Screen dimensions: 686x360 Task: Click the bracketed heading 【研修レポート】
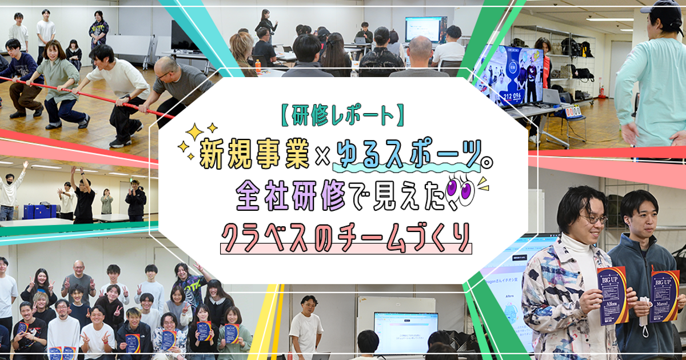(342, 115)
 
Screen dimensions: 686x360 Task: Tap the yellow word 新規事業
(254, 154)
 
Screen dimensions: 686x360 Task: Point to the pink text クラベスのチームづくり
(346, 238)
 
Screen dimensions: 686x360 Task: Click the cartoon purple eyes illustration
(460, 191)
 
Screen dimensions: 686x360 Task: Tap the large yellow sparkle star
(194, 132)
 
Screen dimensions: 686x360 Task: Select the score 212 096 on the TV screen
(512, 97)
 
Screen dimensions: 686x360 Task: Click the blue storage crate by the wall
(40, 211)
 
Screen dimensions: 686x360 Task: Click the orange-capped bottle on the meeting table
(258, 66)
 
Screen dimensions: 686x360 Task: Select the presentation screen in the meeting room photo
(426, 29)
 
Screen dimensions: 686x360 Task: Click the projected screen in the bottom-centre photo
(406, 333)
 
